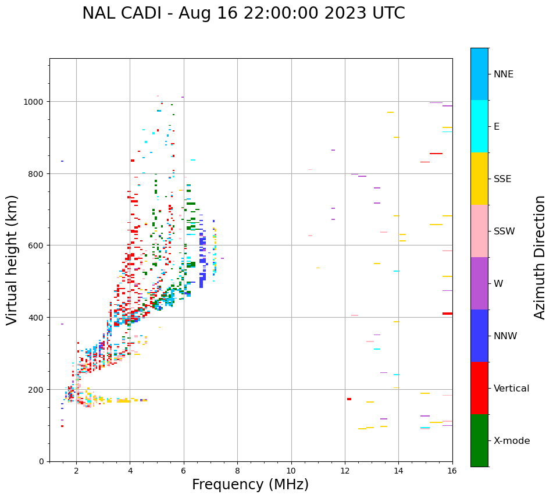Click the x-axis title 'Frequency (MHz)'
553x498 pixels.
point(250,485)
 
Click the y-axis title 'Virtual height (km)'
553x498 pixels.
point(12,259)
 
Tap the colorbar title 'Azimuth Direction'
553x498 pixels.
point(540,257)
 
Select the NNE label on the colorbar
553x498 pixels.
point(504,74)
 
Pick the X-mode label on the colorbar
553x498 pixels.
point(512,441)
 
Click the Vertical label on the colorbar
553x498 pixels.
point(512,389)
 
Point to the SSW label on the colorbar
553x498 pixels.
point(504,232)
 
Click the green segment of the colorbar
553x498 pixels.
point(479,440)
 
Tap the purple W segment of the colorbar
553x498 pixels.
point(479,283)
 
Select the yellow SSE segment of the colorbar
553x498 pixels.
point(479,179)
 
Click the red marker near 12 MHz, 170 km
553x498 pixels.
point(349,399)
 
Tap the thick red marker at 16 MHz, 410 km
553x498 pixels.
point(447,314)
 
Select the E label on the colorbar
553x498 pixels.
point(497,127)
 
